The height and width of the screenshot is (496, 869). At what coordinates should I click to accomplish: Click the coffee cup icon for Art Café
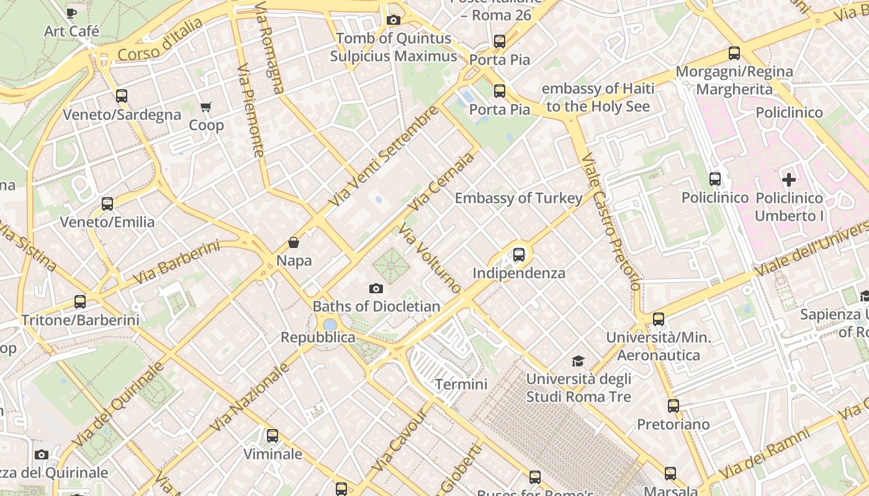(71, 12)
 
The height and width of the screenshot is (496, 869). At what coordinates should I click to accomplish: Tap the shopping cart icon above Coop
(206, 107)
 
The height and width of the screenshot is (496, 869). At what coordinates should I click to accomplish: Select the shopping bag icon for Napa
(294, 242)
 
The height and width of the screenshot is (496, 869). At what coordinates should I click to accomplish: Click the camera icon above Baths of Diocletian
(376, 288)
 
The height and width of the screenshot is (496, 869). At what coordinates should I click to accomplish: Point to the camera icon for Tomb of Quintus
(393, 20)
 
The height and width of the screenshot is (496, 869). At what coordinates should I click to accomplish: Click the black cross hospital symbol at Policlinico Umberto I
(789, 180)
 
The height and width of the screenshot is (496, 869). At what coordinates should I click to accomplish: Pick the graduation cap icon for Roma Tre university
(578, 361)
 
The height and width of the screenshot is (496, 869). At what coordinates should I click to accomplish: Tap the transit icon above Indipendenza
(519, 255)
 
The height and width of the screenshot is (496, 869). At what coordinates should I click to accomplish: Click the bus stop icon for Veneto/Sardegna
(122, 96)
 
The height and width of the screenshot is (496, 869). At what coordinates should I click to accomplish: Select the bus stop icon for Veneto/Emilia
(107, 204)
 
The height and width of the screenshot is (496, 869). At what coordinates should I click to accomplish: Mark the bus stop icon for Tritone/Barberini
(80, 302)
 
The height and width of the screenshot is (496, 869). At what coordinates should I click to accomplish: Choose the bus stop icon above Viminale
(272, 436)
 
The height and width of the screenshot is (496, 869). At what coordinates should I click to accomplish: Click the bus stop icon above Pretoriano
(673, 406)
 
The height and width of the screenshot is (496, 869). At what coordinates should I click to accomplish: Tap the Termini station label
(461, 384)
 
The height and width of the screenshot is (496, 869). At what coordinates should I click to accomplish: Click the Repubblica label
(318, 337)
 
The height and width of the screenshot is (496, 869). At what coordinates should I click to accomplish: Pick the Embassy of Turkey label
(518, 198)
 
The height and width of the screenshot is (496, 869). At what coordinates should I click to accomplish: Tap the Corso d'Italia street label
(160, 40)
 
